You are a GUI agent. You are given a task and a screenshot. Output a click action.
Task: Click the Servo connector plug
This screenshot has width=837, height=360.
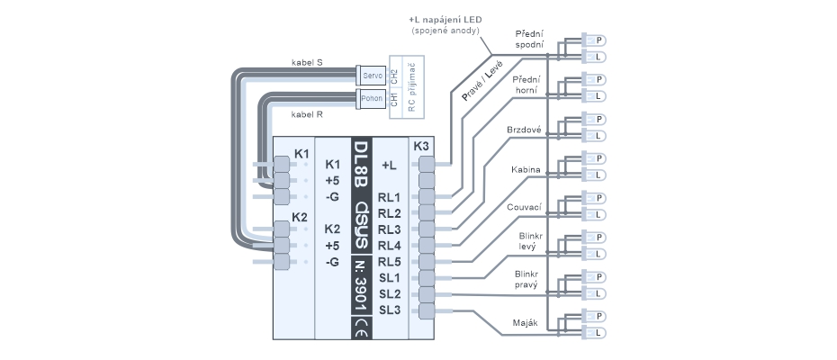(371, 75)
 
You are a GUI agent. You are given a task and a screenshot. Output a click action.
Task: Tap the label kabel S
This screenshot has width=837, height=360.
(309, 63)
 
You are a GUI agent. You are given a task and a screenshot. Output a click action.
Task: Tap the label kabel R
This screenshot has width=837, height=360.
(308, 114)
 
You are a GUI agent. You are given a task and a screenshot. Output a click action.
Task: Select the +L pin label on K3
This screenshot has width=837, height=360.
(389, 165)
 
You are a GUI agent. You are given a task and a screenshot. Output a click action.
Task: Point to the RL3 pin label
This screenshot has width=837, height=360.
(389, 229)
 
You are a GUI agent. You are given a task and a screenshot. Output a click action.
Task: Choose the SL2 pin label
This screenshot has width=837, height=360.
(389, 294)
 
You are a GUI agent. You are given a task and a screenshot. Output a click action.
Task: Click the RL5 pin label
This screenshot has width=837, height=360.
(389, 262)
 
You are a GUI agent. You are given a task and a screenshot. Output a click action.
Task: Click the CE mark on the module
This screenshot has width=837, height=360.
(361, 326)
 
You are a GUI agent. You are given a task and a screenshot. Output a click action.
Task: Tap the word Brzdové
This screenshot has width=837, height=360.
(525, 130)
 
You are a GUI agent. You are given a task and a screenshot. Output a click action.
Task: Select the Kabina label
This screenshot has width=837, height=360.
(526, 168)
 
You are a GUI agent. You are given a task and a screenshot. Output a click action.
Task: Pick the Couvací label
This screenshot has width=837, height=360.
(525, 207)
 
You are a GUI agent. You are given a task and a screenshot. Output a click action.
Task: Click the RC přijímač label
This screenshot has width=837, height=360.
(411, 86)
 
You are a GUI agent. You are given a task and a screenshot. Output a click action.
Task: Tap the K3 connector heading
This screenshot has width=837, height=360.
(421, 146)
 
